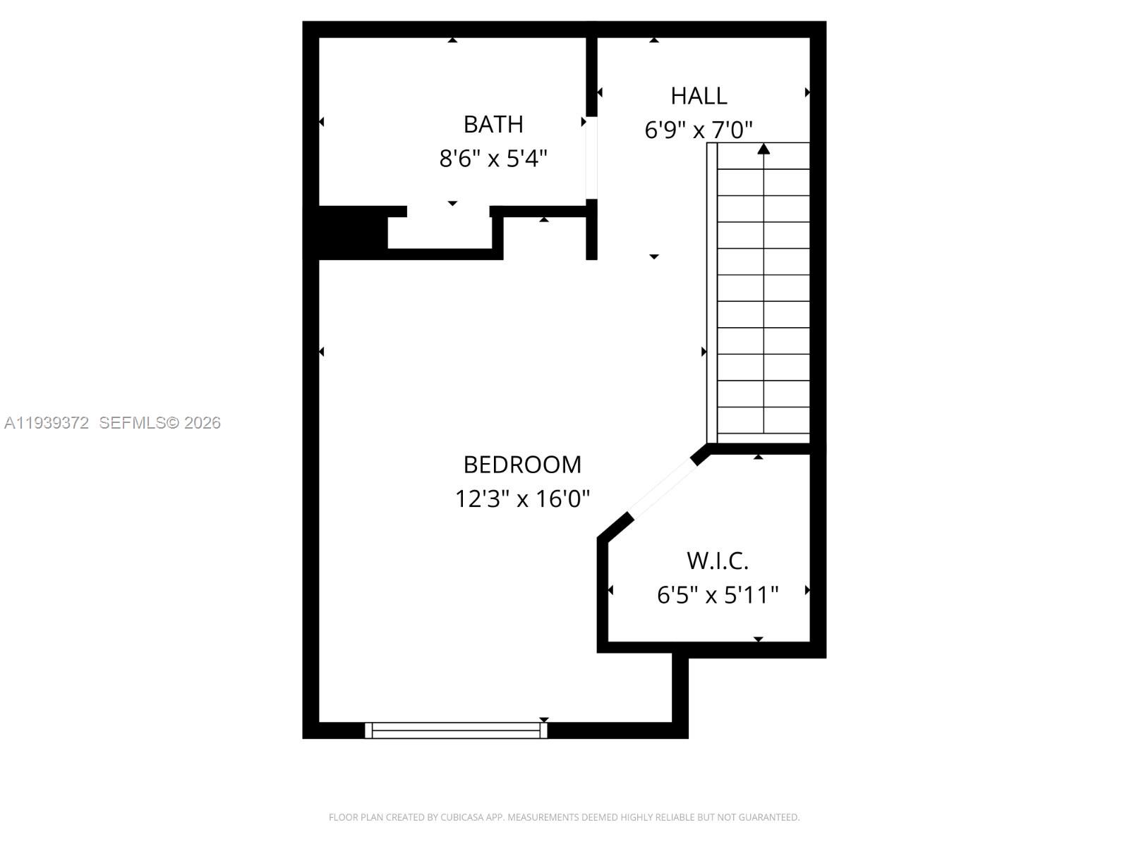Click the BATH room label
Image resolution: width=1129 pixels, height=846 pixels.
pos(493,124)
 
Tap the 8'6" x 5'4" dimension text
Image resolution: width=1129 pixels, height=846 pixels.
pos(493,158)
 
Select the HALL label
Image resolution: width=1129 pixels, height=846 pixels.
pos(699,96)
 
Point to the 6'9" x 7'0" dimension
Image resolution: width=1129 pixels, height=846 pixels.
pos(699,130)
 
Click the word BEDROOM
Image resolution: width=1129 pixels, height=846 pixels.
pos(522,465)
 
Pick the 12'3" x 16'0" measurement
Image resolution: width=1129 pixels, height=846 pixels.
pos(522,498)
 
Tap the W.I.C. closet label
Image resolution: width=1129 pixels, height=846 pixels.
pos(718,561)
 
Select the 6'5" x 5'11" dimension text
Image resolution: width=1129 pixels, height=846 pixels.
pos(718,595)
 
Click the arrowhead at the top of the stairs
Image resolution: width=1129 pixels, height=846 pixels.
pos(763,149)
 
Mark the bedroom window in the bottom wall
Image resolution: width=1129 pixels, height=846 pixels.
pos(456,730)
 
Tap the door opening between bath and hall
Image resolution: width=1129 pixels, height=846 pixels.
pos(591,158)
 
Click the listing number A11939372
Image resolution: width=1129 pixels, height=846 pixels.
pos(47,423)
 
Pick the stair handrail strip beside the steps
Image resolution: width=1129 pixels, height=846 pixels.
pos(712,293)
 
